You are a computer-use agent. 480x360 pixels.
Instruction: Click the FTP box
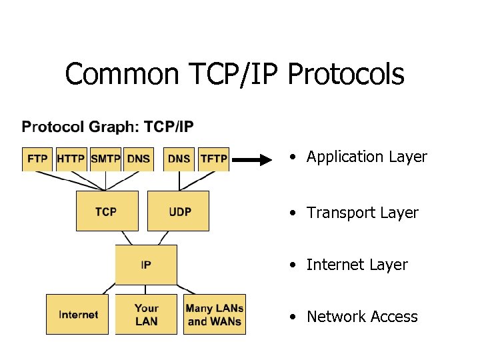pyautogui.click(x=37, y=159)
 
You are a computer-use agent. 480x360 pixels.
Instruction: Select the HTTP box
pyautogui.click(x=71, y=159)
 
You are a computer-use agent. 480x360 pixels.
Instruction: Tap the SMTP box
pyautogui.click(x=105, y=159)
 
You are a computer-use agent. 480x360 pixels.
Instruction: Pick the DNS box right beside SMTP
pyautogui.click(x=139, y=159)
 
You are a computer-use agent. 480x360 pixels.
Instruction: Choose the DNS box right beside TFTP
pyautogui.click(x=179, y=159)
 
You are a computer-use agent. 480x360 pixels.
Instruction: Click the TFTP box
pyautogui.click(x=214, y=159)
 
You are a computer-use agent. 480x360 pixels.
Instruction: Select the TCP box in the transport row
pyautogui.click(x=107, y=211)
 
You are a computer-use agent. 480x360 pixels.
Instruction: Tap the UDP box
pyautogui.click(x=178, y=211)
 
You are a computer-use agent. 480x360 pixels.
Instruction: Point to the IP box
pyautogui.click(x=146, y=265)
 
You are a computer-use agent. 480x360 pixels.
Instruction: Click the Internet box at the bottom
pyautogui.click(x=77, y=314)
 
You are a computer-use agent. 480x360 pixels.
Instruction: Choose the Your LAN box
pyautogui.click(x=146, y=314)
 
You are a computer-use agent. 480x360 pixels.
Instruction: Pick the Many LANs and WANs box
pyautogui.click(x=215, y=314)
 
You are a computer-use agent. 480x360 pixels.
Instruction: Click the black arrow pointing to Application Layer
pyautogui.click(x=253, y=159)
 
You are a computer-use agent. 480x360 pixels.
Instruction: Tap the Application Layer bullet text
pyautogui.click(x=366, y=157)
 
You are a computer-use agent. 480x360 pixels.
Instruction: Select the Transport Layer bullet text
pyautogui.click(x=362, y=213)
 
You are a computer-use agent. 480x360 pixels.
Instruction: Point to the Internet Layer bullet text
pyautogui.click(x=357, y=265)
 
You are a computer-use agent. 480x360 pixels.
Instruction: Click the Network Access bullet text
pyautogui.click(x=362, y=317)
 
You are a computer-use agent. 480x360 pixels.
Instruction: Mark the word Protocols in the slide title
pyautogui.click(x=345, y=74)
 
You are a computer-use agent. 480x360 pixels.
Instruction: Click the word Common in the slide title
pyautogui.click(x=120, y=74)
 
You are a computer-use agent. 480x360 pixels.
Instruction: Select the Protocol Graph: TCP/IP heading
pyautogui.click(x=108, y=127)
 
